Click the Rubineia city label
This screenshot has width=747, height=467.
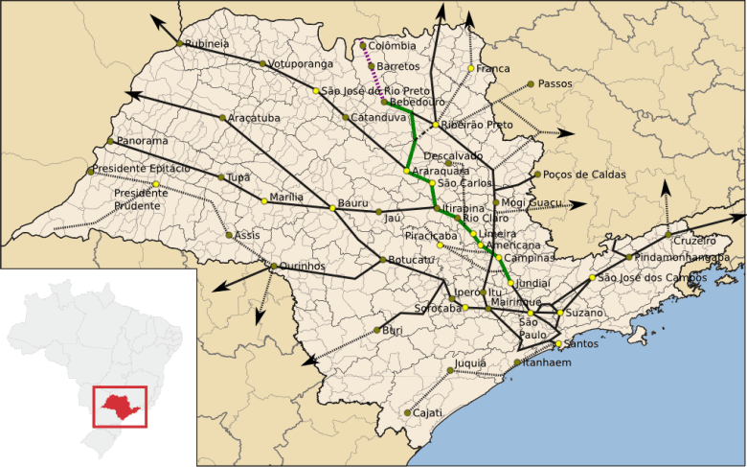(x=208, y=43)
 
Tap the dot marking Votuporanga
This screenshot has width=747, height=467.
(x=262, y=64)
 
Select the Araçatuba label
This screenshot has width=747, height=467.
(x=255, y=117)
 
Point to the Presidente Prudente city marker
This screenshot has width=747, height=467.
(x=155, y=184)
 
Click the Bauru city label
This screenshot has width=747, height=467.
(x=353, y=203)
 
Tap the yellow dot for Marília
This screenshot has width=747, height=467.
(x=264, y=201)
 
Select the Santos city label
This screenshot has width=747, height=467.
(x=582, y=343)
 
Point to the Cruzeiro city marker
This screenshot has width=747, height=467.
(x=668, y=234)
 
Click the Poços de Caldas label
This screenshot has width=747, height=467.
(x=584, y=175)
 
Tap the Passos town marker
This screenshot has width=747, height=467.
(x=530, y=84)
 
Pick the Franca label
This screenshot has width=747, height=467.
(x=495, y=69)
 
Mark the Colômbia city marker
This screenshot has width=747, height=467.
(x=363, y=45)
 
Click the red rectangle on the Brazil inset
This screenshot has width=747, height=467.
(x=119, y=406)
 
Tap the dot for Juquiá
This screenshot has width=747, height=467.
(x=450, y=369)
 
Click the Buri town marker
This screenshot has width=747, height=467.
(x=376, y=331)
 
